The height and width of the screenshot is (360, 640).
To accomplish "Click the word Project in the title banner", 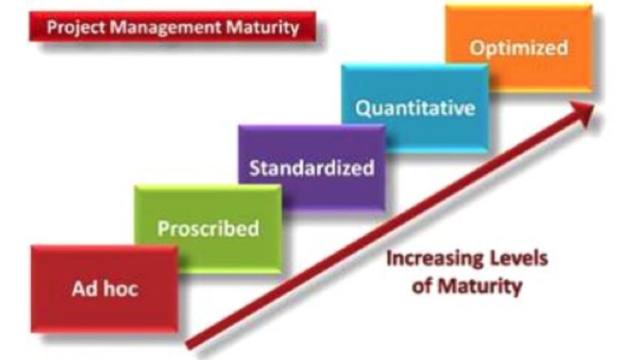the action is pos(75,28).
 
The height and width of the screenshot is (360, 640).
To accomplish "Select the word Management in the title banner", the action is pos(165,28).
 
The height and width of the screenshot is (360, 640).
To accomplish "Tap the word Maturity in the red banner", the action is pos(262,28).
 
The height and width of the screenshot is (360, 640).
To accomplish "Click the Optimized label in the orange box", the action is pos(518,48).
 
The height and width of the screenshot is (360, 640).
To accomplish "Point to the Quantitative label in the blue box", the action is pos(415,108).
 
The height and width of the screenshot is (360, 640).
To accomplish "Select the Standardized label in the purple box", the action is pos(311,167).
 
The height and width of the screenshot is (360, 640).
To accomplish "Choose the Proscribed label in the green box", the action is pos(209,229).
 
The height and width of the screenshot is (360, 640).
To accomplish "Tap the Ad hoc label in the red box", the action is pos(105,289).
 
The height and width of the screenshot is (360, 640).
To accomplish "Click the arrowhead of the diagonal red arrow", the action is pos(583,113).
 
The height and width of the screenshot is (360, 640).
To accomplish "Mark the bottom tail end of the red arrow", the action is pos(188,345).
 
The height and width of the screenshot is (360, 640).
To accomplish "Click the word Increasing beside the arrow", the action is pos(434,259).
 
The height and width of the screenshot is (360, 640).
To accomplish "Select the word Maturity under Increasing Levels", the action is pos(479,286).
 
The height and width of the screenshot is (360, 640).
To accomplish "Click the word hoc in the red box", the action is pos(121,289).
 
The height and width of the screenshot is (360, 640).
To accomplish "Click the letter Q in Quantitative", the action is pos(363,108).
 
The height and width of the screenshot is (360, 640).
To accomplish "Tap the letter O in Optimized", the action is pos(477,47).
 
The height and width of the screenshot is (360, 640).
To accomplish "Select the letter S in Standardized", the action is pos(255,167).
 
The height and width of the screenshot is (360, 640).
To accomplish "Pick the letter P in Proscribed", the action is pos(163,228).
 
